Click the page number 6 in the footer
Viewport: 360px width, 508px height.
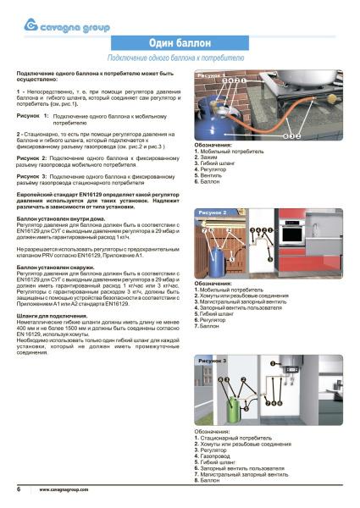(19, 490)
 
